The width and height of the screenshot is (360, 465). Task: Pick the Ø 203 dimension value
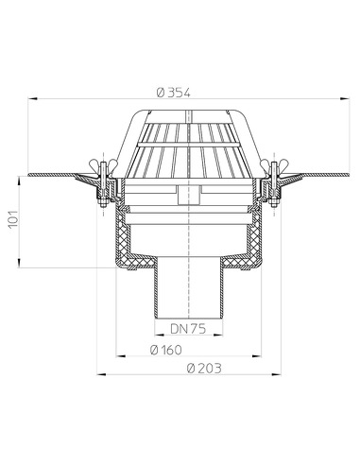click(192, 369)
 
